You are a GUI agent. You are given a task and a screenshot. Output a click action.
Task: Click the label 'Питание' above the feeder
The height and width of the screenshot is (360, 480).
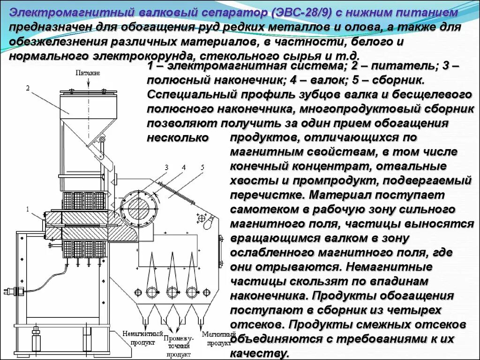click(88, 73)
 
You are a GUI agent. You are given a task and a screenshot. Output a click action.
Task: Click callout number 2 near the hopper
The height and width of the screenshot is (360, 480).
click(28, 88)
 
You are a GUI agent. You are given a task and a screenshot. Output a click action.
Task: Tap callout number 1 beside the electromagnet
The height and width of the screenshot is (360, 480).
click(28, 209)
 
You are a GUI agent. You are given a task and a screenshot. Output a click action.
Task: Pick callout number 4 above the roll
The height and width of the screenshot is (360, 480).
click(184, 167)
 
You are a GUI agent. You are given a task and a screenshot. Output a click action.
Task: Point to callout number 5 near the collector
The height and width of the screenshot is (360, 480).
click(202, 167)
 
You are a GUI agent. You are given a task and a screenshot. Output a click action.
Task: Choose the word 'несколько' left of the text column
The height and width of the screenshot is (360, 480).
click(178, 138)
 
